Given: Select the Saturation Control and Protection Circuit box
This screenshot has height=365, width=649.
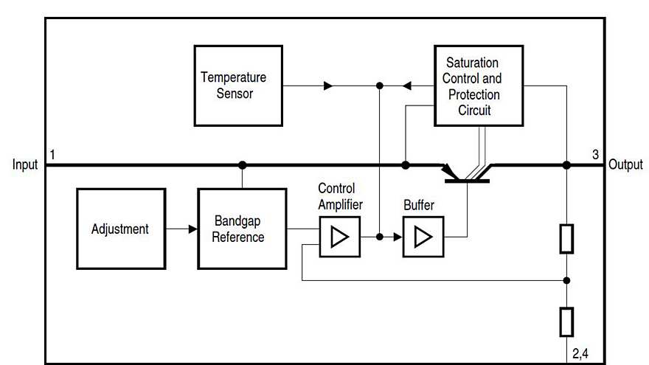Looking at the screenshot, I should [x=478, y=86].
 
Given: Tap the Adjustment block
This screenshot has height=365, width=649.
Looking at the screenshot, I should [x=120, y=229].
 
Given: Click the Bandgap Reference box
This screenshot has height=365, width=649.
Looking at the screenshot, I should [x=242, y=229].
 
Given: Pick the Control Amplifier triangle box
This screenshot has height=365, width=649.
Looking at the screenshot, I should [x=340, y=237].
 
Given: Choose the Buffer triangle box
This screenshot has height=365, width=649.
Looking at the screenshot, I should [x=423, y=237].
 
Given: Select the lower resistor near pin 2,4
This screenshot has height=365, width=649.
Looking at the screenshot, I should [x=566, y=321].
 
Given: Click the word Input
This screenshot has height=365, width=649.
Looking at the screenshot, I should [x=24, y=164].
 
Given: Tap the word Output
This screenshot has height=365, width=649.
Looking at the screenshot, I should [x=625, y=164].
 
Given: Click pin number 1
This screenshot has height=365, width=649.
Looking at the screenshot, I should [x=52, y=154].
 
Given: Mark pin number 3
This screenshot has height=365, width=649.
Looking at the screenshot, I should [x=595, y=154].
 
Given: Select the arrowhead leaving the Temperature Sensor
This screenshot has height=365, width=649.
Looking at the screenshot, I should [x=328, y=86].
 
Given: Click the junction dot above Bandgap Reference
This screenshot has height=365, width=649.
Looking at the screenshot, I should [x=242, y=165].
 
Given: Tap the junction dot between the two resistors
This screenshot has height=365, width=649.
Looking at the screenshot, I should [x=566, y=280].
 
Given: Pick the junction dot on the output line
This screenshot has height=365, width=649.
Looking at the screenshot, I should [x=566, y=165].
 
